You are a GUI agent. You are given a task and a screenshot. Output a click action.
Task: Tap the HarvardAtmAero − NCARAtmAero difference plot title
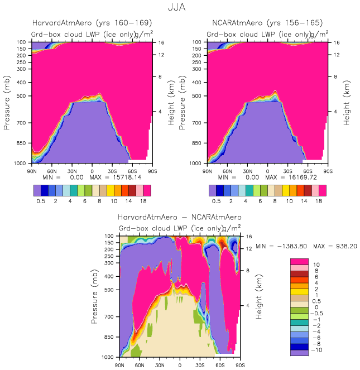[x=179, y=217]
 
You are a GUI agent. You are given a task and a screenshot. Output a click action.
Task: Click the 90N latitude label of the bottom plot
[x=119, y=364]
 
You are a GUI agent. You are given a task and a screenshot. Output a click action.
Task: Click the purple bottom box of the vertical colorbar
[x=300, y=352]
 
